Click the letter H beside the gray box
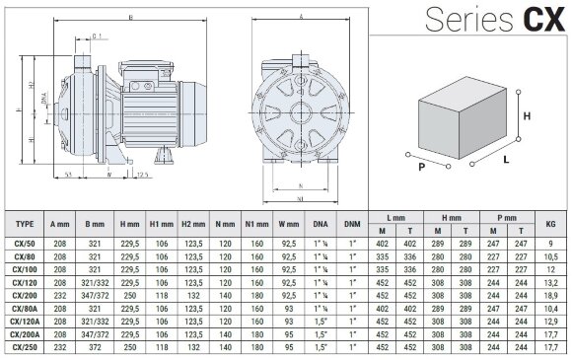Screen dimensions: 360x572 pyautogui.click(x=528, y=114)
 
